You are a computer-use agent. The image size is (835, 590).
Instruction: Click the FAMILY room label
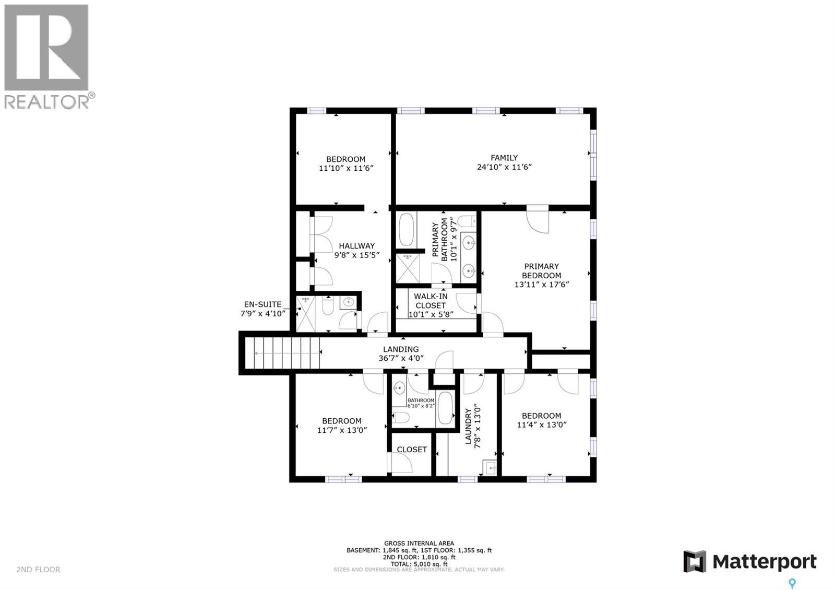[x=504, y=158]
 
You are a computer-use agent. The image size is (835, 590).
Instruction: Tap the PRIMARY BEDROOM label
[x=541, y=271]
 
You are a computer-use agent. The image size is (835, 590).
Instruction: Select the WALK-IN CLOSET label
[x=431, y=301]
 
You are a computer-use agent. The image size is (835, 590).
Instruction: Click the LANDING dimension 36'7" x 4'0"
[x=400, y=359]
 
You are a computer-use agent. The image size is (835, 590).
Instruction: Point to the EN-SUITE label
[x=263, y=304]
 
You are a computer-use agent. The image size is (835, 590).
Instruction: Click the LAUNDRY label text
[x=468, y=423]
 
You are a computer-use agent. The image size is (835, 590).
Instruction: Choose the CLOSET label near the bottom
[x=412, y=450]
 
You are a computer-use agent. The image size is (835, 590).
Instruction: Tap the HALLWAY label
[x=356, y=246]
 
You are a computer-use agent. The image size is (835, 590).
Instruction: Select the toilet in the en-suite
[x=328, y=306]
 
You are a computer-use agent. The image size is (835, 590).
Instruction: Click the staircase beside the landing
[x=284, y=353]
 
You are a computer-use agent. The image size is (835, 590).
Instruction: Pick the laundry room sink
[x=491, y=468]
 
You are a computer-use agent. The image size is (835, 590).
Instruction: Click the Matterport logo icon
[x=695, y=562]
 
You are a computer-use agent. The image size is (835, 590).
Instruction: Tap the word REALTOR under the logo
[x=47, y=101]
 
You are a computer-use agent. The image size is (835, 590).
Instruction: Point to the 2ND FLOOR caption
[x=38, y=570]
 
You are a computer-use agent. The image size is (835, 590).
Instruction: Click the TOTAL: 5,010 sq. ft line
[x=419, y=564]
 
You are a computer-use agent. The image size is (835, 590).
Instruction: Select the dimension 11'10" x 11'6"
[x=346, y=168]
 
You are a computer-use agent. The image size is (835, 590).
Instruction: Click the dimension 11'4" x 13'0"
[x=542, y=425]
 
